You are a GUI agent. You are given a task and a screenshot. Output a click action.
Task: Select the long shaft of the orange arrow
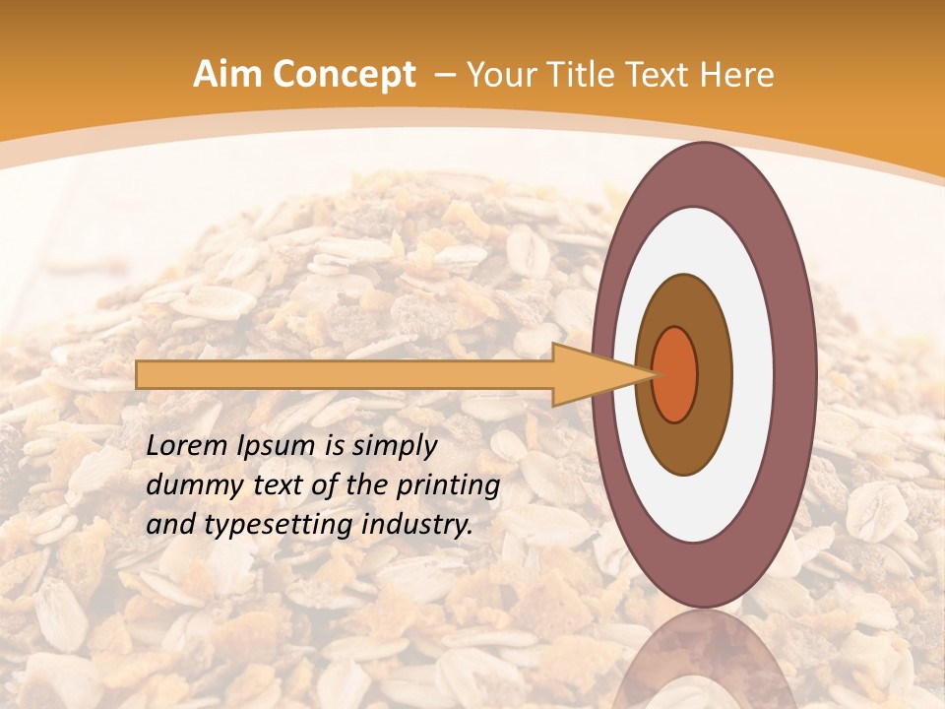pos(345,375)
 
